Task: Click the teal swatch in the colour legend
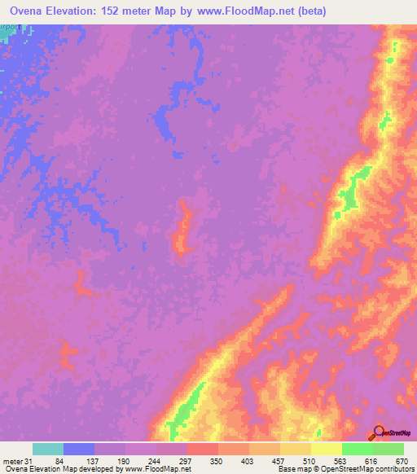point(48,450)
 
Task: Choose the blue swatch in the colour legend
point(79,450)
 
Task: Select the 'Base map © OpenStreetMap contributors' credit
point(343,469)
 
